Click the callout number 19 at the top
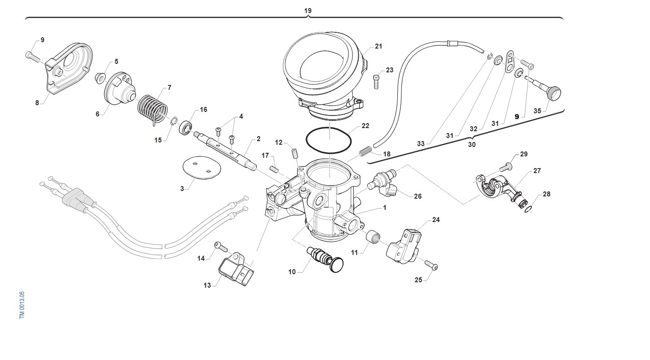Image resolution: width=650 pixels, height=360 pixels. click(307, 10)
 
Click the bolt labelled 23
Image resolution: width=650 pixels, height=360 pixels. click(376, 82)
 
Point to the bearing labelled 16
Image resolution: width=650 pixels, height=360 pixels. click(186, 127)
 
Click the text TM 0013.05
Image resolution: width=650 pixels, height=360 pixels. click(22, 305)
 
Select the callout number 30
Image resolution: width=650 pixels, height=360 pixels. click(472, 145)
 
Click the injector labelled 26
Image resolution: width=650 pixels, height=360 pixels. click(383, 183)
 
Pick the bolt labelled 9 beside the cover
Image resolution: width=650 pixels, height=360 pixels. click(32, 56)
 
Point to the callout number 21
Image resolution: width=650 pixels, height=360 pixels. click(378, 46)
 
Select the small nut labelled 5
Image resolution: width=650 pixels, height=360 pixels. click(100, 77)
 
